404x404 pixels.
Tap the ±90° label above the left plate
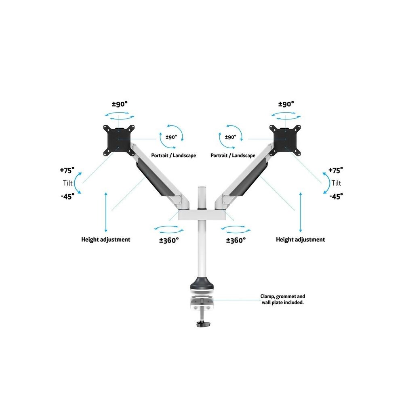point(119,104)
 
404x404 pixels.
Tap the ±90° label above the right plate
point(286,104)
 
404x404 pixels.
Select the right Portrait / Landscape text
point(233,155)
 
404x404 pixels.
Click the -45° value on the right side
point(336,196)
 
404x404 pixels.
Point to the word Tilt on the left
point(68,183)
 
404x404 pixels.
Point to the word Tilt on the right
point(336,183)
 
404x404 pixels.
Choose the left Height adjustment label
point(106,239)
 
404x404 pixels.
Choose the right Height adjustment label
point(300,239)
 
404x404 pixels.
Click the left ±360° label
point(169,240)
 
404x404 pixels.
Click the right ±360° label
point(236,240)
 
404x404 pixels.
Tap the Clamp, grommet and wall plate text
point(282,299)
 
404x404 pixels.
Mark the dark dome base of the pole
point(202,283)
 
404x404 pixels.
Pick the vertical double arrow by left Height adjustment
point(106,211)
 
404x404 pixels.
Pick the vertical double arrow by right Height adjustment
point(301,211)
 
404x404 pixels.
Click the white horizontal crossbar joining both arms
point(202,214)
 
